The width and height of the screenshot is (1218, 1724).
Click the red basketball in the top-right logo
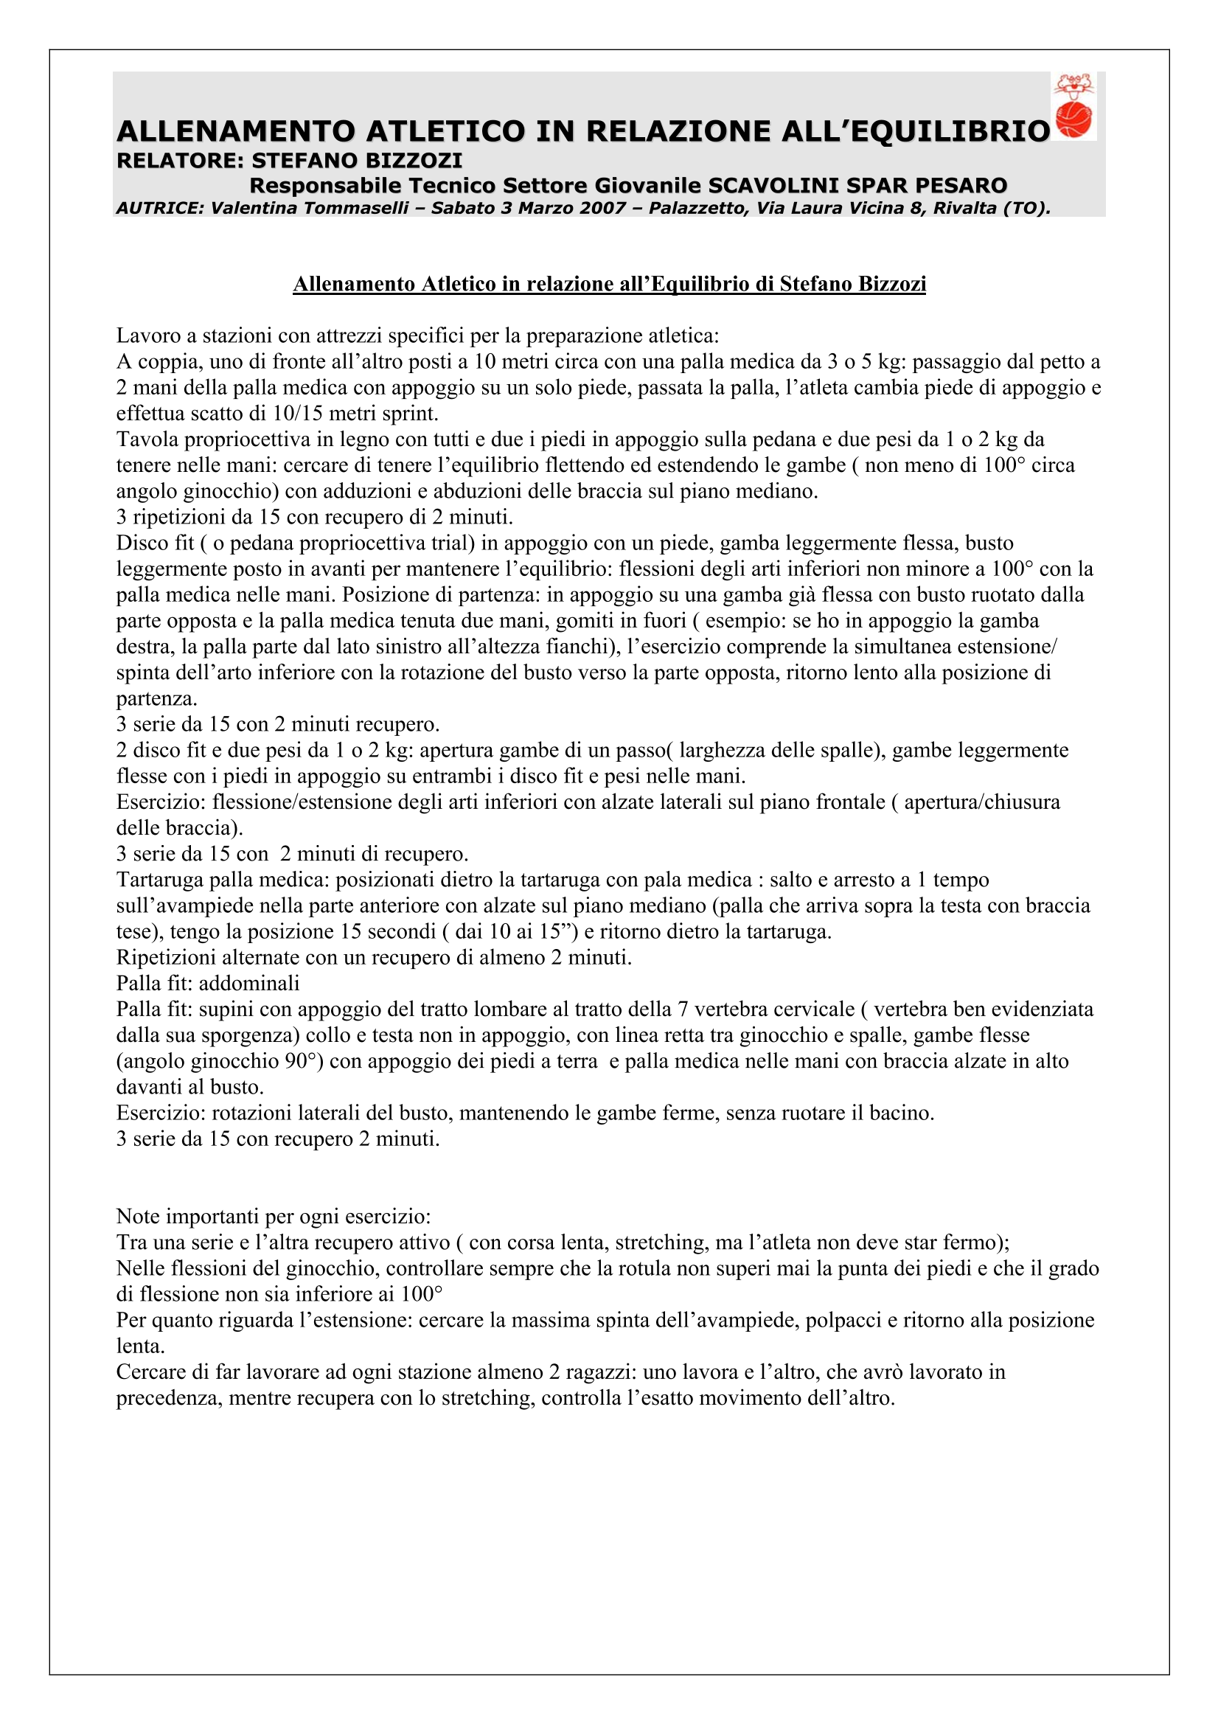(1073, 120)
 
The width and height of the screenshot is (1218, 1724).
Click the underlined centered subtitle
(609, 284)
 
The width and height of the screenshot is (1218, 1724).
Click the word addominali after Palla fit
(249, 984)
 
